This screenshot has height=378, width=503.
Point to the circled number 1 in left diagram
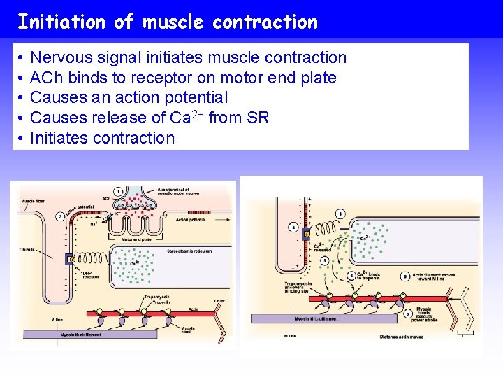tap(119, 191)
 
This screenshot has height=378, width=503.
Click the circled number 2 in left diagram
tap(61, 216)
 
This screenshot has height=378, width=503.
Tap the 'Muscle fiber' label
tap(34, 201)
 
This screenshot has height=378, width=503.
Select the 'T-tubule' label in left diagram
tap(29, 249)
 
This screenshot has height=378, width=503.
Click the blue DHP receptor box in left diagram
tap(71, 260)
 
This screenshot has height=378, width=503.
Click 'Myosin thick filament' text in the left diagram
tap(81, 335)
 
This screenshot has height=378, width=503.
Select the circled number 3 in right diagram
tap(293, 227)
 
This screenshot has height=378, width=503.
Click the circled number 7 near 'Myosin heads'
tap(408, 314)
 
